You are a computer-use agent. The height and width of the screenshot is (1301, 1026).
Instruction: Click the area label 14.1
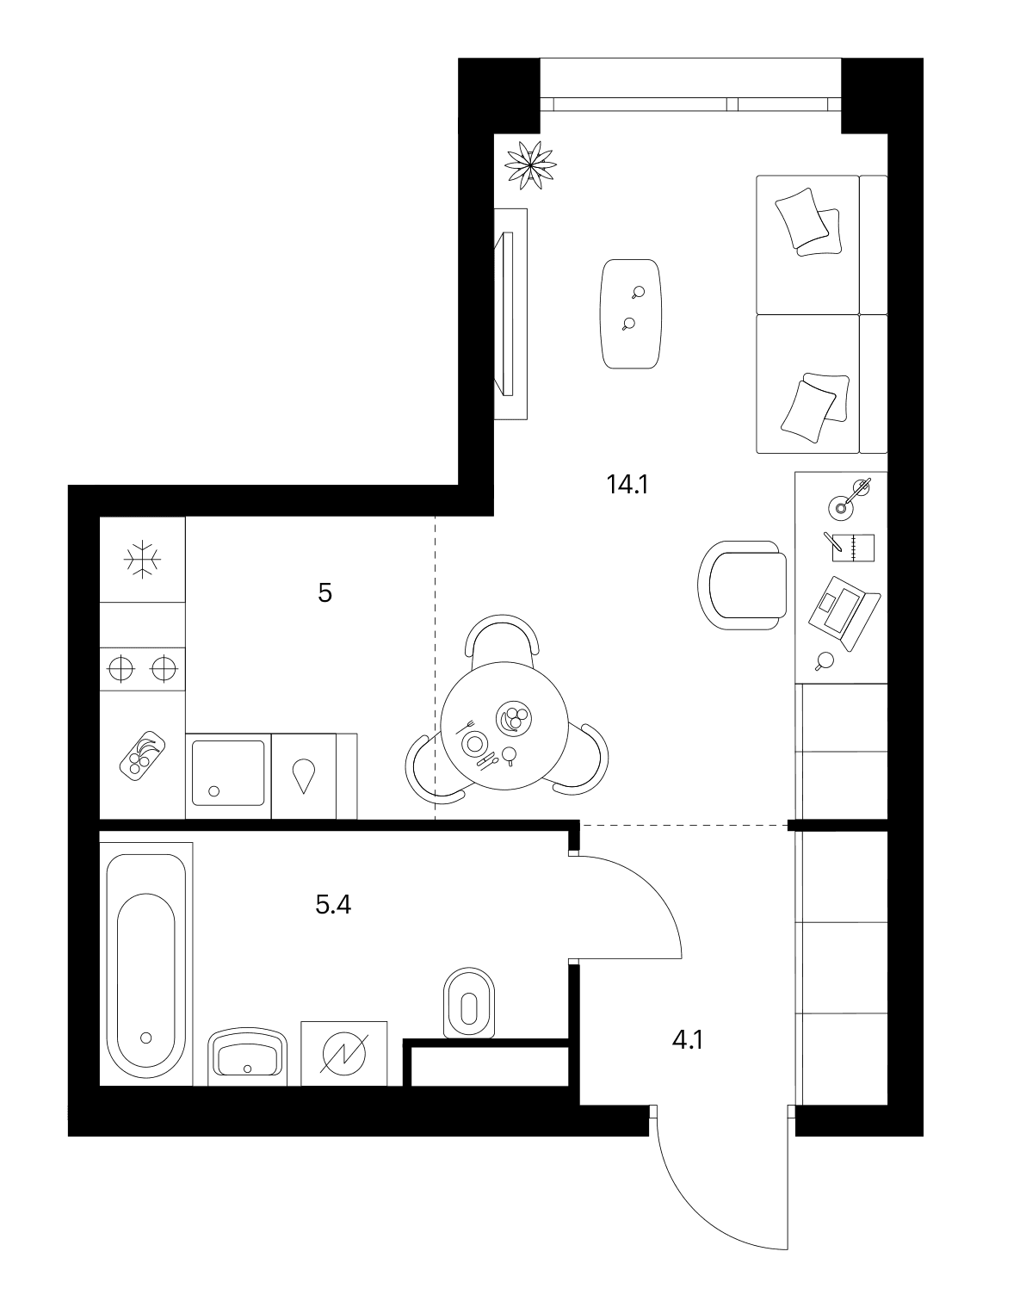click(627, 484)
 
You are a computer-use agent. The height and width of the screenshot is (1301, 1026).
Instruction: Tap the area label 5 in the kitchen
click(324, 593)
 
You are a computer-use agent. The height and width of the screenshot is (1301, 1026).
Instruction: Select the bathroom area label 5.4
click(333, 905)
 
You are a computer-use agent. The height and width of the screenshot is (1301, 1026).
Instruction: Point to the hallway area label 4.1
click(688, 1040)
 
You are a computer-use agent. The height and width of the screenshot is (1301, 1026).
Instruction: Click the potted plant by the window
click(530, 165)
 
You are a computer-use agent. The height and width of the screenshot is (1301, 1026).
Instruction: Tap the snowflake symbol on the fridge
click(142, 559)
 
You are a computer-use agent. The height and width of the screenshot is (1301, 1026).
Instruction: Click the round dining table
click(504, 726)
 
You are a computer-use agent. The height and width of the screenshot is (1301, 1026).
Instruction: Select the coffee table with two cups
click(631, 313)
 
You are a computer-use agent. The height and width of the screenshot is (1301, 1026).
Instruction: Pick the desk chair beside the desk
click(743, 585)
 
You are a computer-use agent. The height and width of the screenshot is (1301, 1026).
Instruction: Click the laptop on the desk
click(844, 613)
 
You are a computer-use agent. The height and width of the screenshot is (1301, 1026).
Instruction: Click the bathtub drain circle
click(145, 1038)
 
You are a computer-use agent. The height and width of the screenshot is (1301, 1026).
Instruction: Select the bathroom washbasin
click(247, 1055)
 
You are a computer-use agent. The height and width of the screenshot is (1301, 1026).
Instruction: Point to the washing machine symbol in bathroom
click(344, 1055)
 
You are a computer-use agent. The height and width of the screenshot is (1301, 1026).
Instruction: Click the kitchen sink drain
click(213, 790)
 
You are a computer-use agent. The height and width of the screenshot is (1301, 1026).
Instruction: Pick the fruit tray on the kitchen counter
click(143, 756)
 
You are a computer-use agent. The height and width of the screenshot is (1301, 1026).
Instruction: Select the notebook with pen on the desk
click(850, 547)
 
